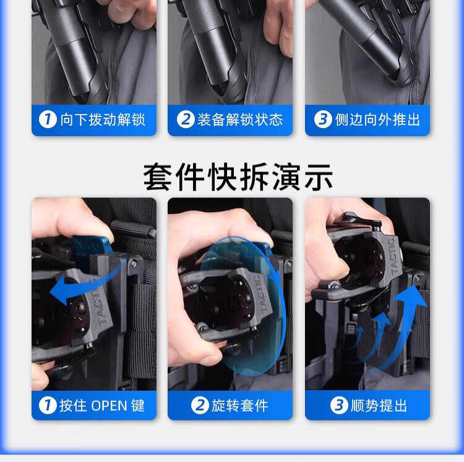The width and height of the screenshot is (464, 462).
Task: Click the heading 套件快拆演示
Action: [x=238, y=177]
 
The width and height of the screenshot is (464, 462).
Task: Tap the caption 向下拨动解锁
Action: [x=103, y=120]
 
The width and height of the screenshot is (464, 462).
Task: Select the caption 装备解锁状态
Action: [x=240, y=120]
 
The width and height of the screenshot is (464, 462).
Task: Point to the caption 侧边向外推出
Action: [x=377, y=120]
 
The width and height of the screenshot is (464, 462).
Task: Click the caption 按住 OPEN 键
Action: [x=102, y=406]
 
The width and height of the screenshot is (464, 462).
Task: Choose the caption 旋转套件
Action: [x=239, y=406]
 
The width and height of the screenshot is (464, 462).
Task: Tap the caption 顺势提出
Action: [x=379, y=406]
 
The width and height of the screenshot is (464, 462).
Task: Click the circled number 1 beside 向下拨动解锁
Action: [x=48, y=120]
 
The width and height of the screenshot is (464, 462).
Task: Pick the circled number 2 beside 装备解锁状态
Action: [x=186, y=120]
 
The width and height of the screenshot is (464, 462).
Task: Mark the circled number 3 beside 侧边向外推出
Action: [x=323, y=120]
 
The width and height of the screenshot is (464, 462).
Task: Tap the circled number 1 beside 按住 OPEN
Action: [x=48, y=406]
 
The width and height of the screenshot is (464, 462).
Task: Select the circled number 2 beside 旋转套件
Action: [x=200, y=406]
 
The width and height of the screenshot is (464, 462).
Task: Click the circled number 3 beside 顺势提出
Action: [x=339, y=406]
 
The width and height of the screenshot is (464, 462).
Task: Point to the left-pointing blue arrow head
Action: [x=59, y=290]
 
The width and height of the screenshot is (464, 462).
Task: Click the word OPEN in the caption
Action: [x=109, y=406]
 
